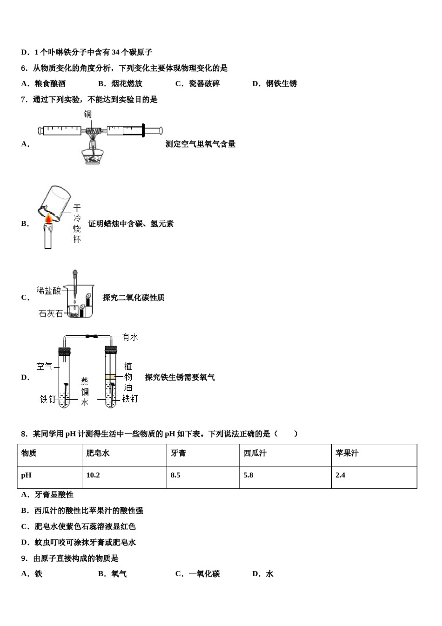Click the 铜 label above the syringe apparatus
click(x=87, y=115)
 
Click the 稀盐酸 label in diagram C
click(x=49, y=291)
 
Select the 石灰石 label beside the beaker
click(x=50, y=313)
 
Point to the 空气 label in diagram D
click(x=45, y=367)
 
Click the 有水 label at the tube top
click(x=130, y=337)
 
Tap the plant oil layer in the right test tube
click(x=111, y=377)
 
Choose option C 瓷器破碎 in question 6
click(x=198, y=84)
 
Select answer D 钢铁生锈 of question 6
click(x=275, y=84)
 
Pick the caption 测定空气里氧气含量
click(x=201, y=144)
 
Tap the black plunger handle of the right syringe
click(x=143, y=131)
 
